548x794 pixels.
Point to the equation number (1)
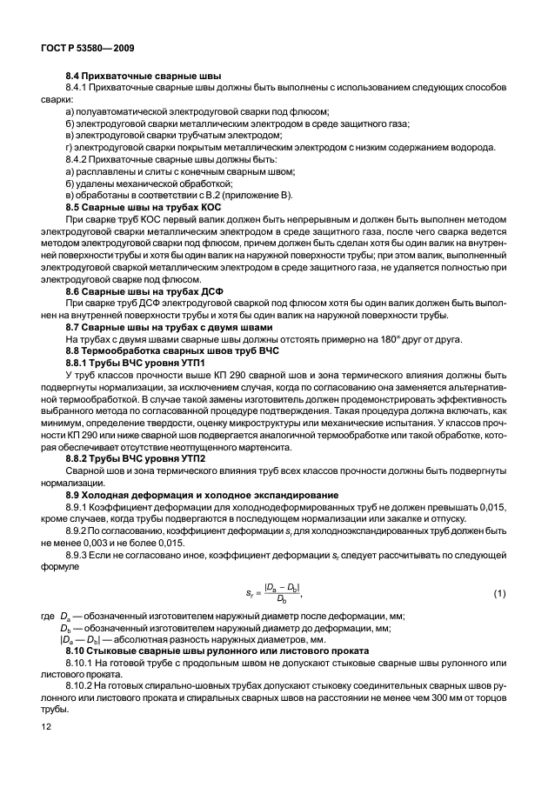coord(498,593)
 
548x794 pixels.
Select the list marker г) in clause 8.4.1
coord(70,148)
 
